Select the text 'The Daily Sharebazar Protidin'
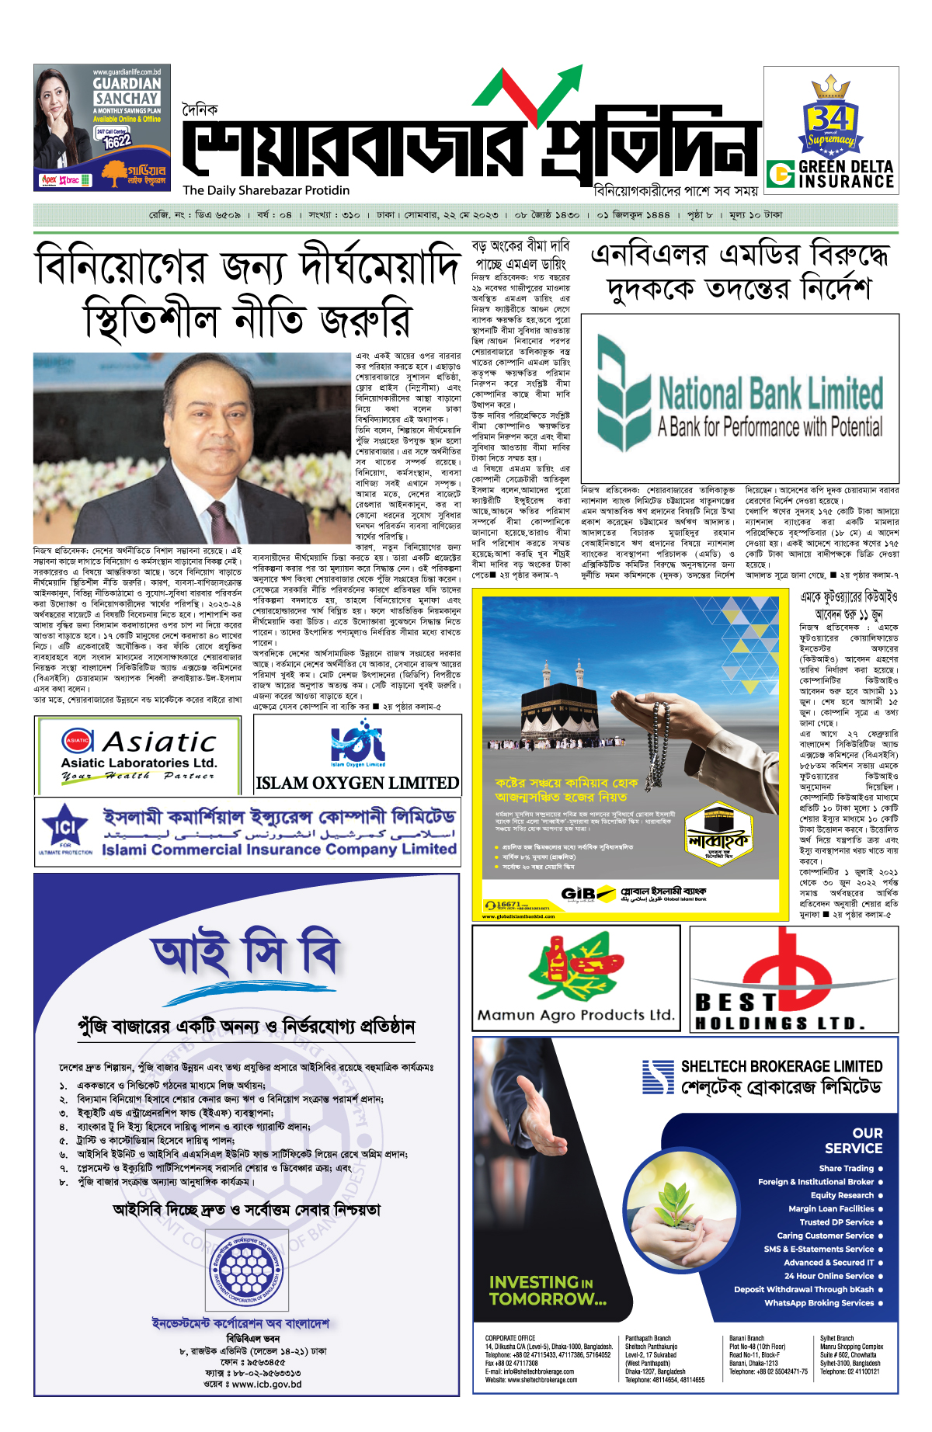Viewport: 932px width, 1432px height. coord(266,190)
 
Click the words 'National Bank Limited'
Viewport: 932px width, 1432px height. coord(770,393)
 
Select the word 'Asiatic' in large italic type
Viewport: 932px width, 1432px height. coord(160,742)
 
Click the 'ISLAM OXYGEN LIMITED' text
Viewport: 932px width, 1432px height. coord(357,783)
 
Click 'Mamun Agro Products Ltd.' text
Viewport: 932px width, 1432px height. coord(576,1014)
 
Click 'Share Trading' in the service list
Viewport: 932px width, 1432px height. coord(846,1168)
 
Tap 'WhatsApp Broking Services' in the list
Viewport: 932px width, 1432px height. coord(819,1303)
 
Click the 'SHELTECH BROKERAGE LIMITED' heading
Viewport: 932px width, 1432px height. coord(781,1066)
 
